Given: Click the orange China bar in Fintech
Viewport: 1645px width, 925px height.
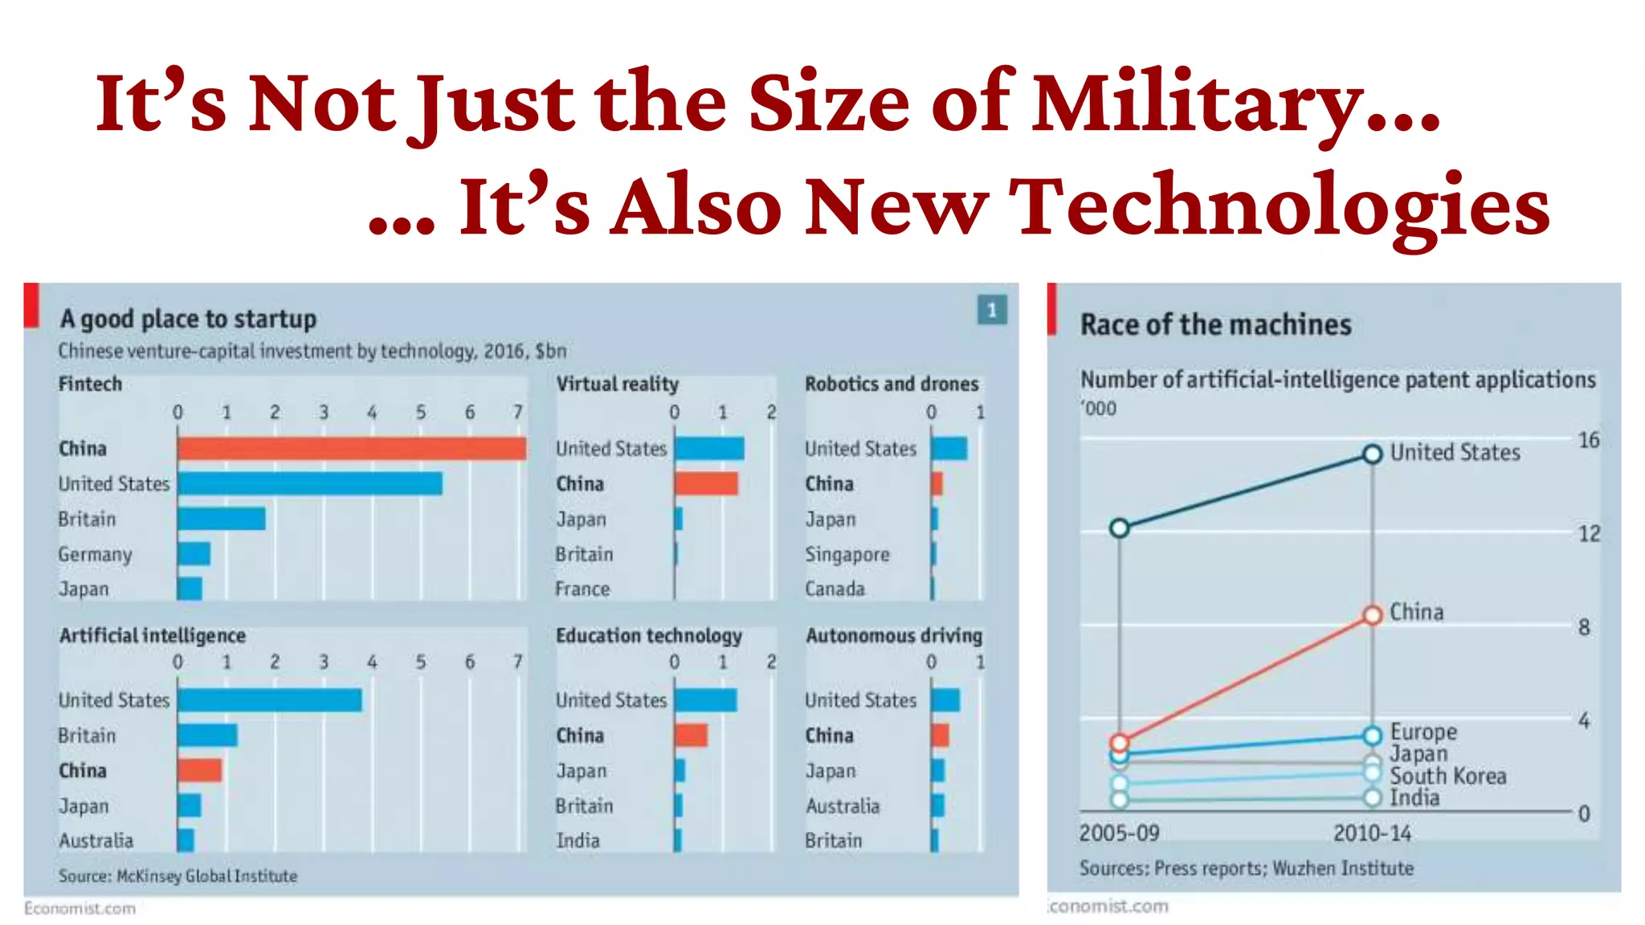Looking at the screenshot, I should pyautogui.click(x=351, y=448).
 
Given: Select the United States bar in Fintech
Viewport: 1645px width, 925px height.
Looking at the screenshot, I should pyautogui.click(x=309, y=483).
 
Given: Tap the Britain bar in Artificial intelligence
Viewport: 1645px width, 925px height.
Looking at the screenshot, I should pyautogui.click(x=207, y=735).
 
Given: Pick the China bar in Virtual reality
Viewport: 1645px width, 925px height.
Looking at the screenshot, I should pyautogui.click(x=705, y=483).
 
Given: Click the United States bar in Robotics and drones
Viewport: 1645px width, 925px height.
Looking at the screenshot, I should pyautogui.click(x=949, y=448).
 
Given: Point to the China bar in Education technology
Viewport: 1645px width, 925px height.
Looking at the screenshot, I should pyautogui.click(x=691, y=735).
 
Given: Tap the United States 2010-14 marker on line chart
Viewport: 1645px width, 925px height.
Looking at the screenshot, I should pyautogui.click(x=1373, y=454).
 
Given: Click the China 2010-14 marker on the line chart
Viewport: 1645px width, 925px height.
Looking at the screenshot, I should pyautogui.click(x=1373, y=614).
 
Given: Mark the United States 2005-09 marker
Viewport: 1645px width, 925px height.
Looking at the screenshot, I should pyautogui.click(x=1120, y=528).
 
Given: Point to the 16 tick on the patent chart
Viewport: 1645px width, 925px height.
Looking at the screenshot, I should pyautogui.click(x=1588, y=440).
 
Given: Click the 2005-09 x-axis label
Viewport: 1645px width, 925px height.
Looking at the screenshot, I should pyautogui.click(x=1119, y=833).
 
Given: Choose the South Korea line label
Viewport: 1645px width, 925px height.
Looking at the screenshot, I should pyautogui.click(x=1447, y=776).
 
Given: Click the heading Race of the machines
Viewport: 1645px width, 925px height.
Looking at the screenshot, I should pyautogui.click(x=1215, y=324).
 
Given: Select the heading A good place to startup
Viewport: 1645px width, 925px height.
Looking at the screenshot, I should pyautogui.click(x=188, y=319).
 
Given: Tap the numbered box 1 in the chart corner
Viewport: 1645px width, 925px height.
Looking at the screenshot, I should pyautogui.click(x=991, y=310).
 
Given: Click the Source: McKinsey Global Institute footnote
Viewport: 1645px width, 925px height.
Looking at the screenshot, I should pyautogui.click(x=178, y=876).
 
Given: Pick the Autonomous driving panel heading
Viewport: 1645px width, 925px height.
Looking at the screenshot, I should pyautogui.click(x=893, y=635).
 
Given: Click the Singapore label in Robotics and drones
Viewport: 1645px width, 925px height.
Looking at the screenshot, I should pyautogui.click(x=847, y=554).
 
